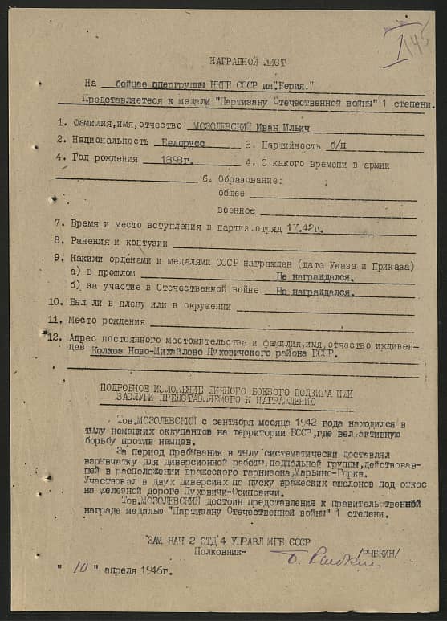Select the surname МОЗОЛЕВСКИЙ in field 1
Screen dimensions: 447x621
click(219, 125)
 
